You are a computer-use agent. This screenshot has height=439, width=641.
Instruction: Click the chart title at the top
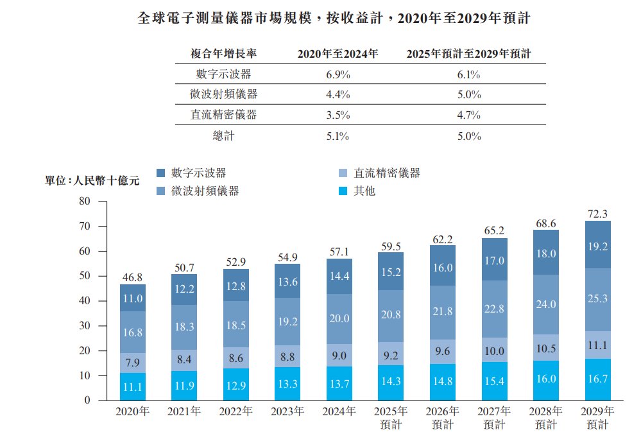pyautogui.click(x=334, y=19)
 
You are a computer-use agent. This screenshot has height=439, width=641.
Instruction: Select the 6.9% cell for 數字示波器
pyautogui.click(x=338, y=74)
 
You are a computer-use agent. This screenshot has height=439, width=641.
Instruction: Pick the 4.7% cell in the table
pyautogui.click(x=469, y=116)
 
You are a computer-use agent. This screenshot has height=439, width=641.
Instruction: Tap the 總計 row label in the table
pyautogui.click(x=224, y=136)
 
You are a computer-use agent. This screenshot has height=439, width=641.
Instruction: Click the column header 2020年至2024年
pyautogui.click(x=338, y=54)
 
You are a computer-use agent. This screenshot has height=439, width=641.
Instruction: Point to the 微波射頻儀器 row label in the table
pyautogui.click(x=224, y=95)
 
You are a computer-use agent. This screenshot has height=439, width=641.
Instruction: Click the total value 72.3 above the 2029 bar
pyautogui.click(x=597, y=213)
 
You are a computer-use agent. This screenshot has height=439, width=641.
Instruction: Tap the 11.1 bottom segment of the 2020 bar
pyautogui.click(x=132, y=387)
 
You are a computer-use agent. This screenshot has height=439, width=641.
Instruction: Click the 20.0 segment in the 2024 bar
pyautogui.click(x=339, y=318)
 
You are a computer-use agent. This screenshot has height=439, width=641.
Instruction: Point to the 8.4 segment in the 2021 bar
pyautogui.click(x=184, y=360)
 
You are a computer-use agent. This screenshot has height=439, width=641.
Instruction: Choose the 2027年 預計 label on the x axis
pyautogui.click(x=494, y=417)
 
